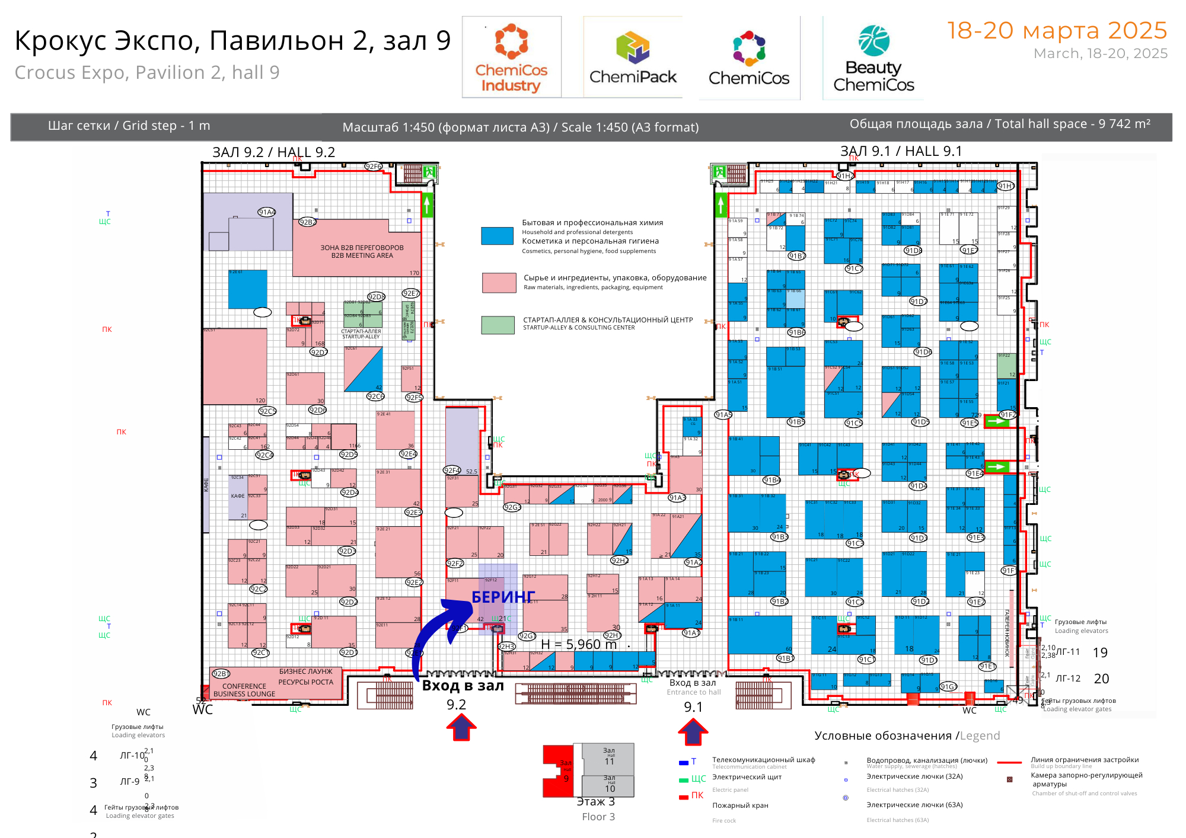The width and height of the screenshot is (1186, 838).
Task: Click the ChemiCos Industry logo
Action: coord(511,58)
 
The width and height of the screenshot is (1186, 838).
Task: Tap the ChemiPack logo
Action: coord(633,58)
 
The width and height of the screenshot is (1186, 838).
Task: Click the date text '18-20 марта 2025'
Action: coord(1057,31)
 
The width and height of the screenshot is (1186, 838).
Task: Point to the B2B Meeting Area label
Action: coord(362,252)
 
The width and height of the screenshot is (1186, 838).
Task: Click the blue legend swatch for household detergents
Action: coord(498,236)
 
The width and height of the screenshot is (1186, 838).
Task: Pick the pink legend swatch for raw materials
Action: coord(499,283)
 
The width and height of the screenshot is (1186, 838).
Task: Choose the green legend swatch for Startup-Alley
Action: coord(498,325)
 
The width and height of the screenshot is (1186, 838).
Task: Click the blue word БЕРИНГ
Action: coord(503,597)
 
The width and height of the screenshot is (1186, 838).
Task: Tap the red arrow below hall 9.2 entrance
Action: coord(461,727)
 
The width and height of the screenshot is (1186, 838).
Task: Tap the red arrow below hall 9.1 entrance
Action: coord(693,731)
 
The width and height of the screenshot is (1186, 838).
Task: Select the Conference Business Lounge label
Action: coord(244,690)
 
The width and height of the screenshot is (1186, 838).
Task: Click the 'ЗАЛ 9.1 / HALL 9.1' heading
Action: coord(901,151)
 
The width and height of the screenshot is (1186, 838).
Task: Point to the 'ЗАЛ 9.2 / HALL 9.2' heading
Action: coord(273,152)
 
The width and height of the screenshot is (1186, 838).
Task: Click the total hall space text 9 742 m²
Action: coord(1000,124)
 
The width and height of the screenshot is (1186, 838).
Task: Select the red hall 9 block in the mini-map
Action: coord(559,770)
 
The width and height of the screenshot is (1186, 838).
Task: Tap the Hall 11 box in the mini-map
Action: coord(609,759)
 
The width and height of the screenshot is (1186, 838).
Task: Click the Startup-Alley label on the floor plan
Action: coord(361,334)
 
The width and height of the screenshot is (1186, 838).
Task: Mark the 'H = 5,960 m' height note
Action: coord(579,644)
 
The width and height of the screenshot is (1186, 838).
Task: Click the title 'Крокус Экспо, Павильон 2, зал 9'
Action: coord(232,41)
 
